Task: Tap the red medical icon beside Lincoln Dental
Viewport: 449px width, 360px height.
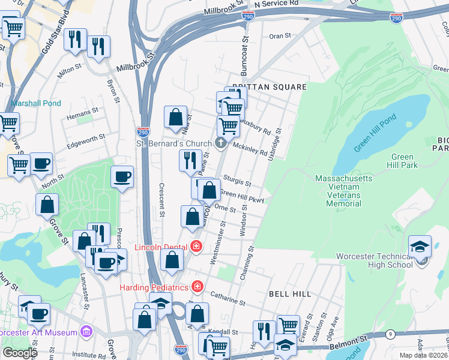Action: pos(196,246)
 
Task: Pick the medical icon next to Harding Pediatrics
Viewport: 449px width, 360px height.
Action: pos(196,287)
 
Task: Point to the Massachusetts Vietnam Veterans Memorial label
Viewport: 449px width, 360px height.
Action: pos(343,191)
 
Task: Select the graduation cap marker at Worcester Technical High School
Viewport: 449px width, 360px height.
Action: pos(420,246)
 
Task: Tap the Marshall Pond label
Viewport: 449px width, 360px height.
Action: pos(36,103)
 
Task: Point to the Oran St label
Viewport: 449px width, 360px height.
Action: pos(280,36)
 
